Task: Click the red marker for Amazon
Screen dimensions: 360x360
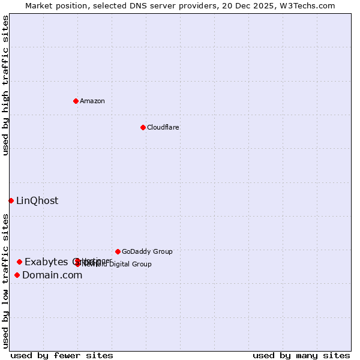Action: point(76,101)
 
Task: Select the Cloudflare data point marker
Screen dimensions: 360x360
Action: point(143,127)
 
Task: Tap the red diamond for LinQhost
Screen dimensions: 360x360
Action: point(11,200)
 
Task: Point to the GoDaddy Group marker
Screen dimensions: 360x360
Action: point(118,251)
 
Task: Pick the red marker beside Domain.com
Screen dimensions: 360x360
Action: point(17,275)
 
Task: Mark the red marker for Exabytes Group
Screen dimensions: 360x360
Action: point(19,262)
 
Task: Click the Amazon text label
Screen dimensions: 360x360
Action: point(92,101)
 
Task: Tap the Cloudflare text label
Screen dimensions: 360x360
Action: point(163,127)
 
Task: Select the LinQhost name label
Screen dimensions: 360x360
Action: point(37,201)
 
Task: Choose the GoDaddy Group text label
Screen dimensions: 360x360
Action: point(147,251)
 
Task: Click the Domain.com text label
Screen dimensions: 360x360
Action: point(52,275)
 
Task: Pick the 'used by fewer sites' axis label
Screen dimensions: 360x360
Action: point(62,355)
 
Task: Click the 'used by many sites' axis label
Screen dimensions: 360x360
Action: point(301,355)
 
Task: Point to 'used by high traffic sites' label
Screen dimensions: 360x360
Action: point(6,85)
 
